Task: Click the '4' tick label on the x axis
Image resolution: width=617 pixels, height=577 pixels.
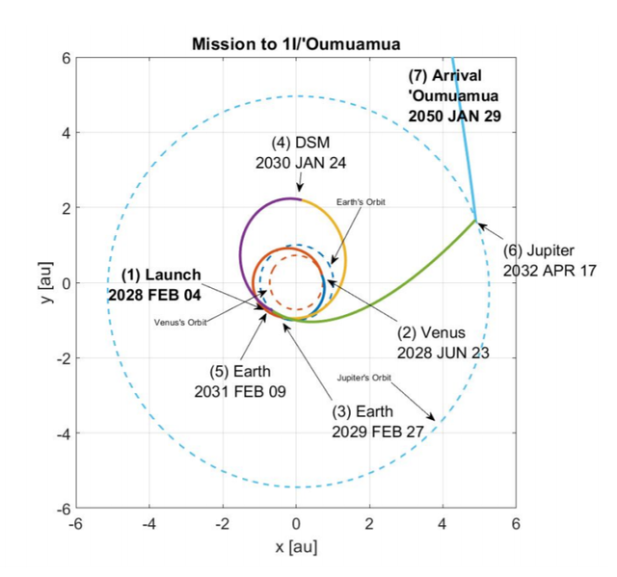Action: [443, 525]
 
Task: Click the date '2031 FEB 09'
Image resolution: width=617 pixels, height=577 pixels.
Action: [240, 391]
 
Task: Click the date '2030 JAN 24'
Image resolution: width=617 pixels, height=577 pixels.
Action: [301, 162]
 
